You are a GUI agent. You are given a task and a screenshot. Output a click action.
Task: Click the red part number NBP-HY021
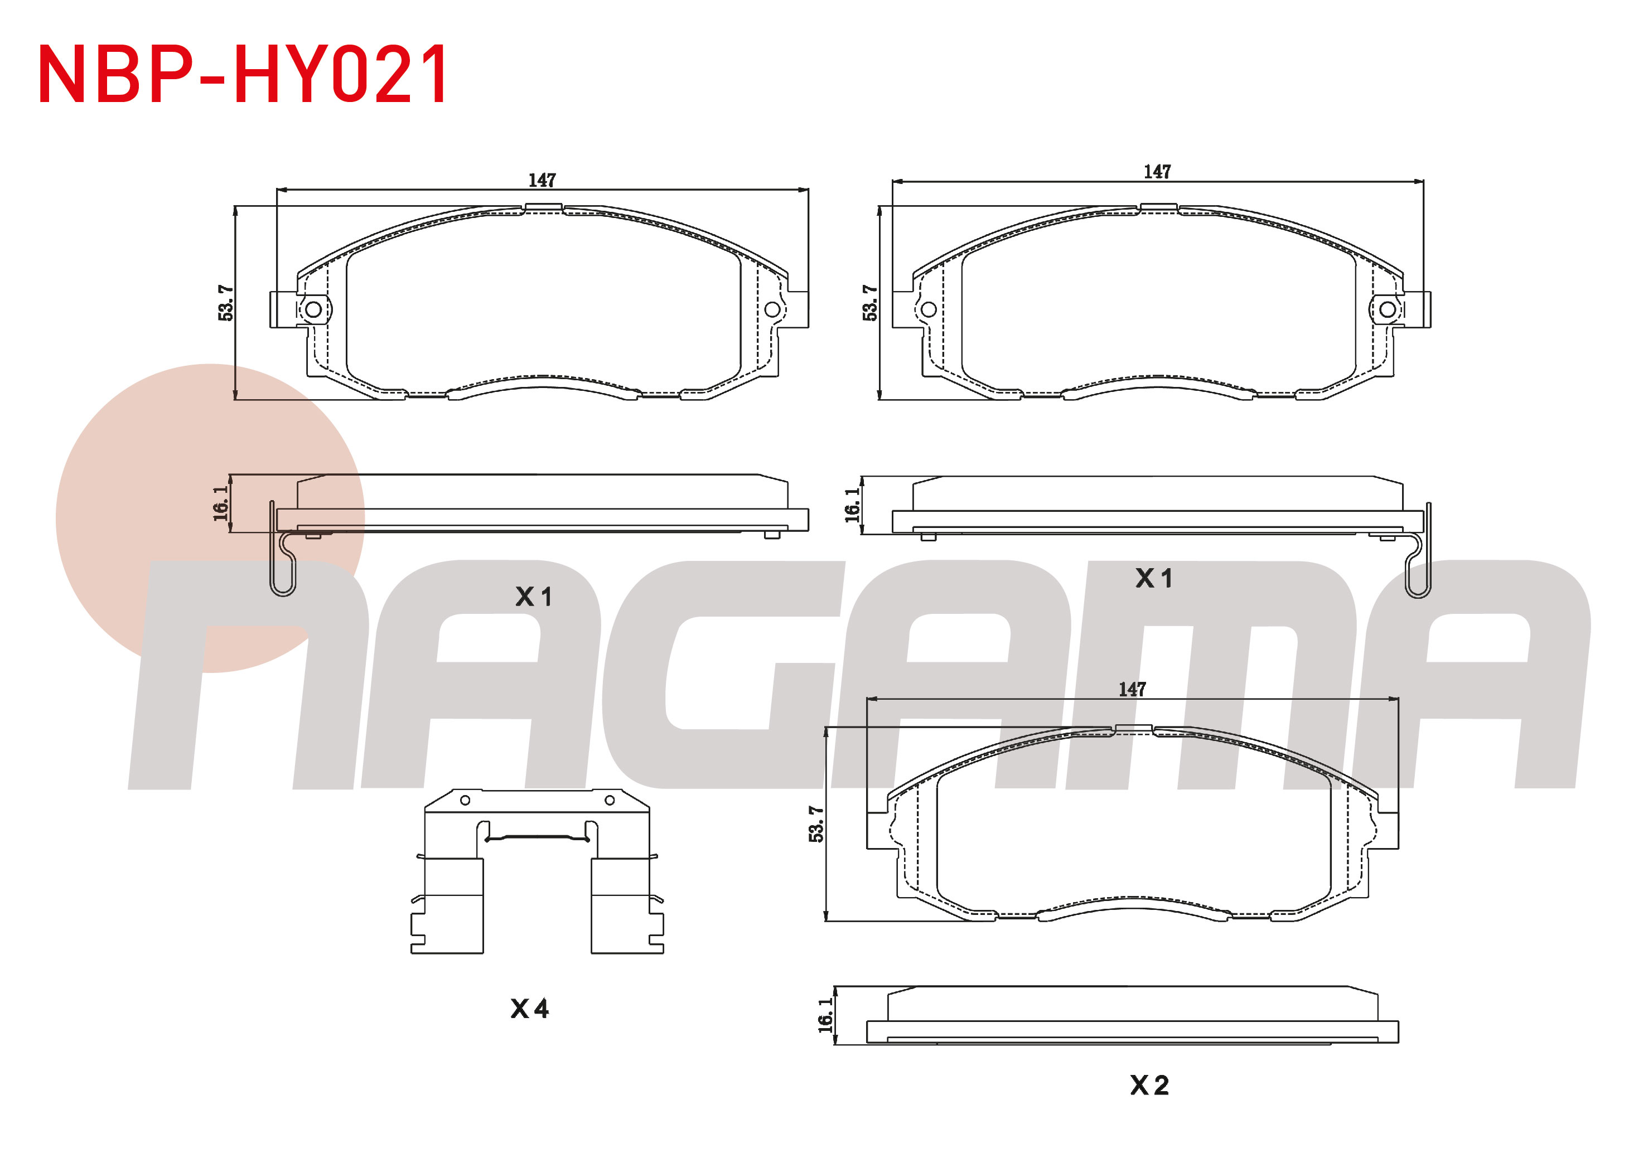point(243,74)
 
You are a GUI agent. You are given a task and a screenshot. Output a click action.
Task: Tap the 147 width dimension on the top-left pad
point(542,180)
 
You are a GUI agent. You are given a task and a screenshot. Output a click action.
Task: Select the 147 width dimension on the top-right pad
point(1157,172)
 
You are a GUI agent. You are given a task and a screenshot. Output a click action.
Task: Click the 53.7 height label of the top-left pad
point(225,303)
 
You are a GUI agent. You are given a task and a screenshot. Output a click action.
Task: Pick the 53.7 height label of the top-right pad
point(870,303)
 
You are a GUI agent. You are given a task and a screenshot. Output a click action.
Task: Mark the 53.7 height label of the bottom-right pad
point(816,823)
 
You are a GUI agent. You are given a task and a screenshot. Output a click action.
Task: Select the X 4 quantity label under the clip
point(530,1009)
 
